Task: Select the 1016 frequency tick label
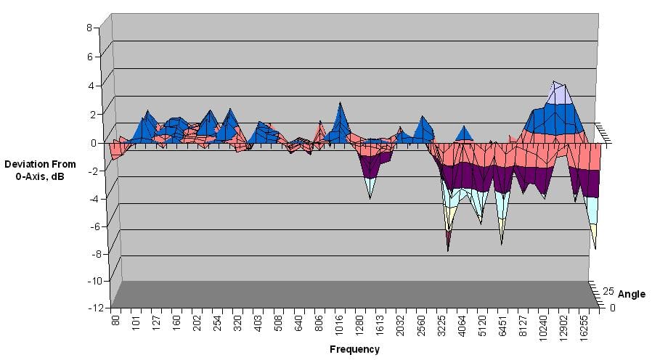tap(338, 324)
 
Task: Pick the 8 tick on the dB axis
tap(89, 28)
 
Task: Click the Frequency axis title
tap(354, 349)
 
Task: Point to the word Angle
tap(632, 294)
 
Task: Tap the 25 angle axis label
tap(608, 292)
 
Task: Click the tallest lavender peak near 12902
tap(555, 82)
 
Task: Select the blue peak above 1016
tap(339, 104)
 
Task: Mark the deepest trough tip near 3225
tap(448, 250)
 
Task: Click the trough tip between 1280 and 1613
tap(370, 198)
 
